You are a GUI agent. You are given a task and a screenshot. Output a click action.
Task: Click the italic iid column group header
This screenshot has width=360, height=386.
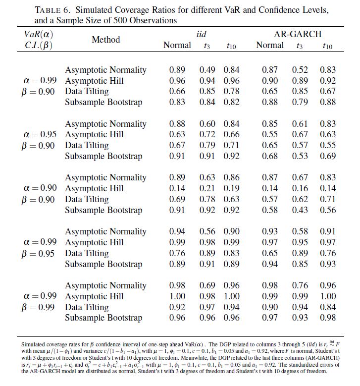[201, 34]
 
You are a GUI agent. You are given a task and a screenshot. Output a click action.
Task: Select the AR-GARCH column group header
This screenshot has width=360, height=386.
[298, 34]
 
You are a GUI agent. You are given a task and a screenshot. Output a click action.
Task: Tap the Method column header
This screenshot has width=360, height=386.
[105, 40]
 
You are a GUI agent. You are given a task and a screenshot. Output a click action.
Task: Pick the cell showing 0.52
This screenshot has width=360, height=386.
[299, 70]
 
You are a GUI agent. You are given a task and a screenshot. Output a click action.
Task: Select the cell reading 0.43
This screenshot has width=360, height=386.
[299, 210]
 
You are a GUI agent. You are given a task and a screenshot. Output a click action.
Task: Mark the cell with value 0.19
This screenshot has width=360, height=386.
[231, 188]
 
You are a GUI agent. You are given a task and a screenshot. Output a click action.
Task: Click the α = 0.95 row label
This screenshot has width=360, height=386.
[40, 134]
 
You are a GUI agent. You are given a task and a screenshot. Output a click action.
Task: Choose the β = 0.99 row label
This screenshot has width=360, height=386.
[40, 307]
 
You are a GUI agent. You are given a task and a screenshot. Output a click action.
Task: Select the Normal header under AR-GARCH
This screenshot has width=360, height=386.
[270, 46]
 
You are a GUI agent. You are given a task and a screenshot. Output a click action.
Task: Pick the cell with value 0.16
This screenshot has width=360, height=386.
[299, 188]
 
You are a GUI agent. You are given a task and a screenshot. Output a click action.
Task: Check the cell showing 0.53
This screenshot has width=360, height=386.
[299, 156]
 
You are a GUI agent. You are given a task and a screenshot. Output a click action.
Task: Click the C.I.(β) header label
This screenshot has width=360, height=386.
[39, 45]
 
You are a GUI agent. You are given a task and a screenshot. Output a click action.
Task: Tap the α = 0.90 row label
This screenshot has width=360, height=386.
[40, 188]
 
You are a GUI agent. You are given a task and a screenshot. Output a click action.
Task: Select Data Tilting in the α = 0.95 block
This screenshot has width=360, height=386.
[87, 145]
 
